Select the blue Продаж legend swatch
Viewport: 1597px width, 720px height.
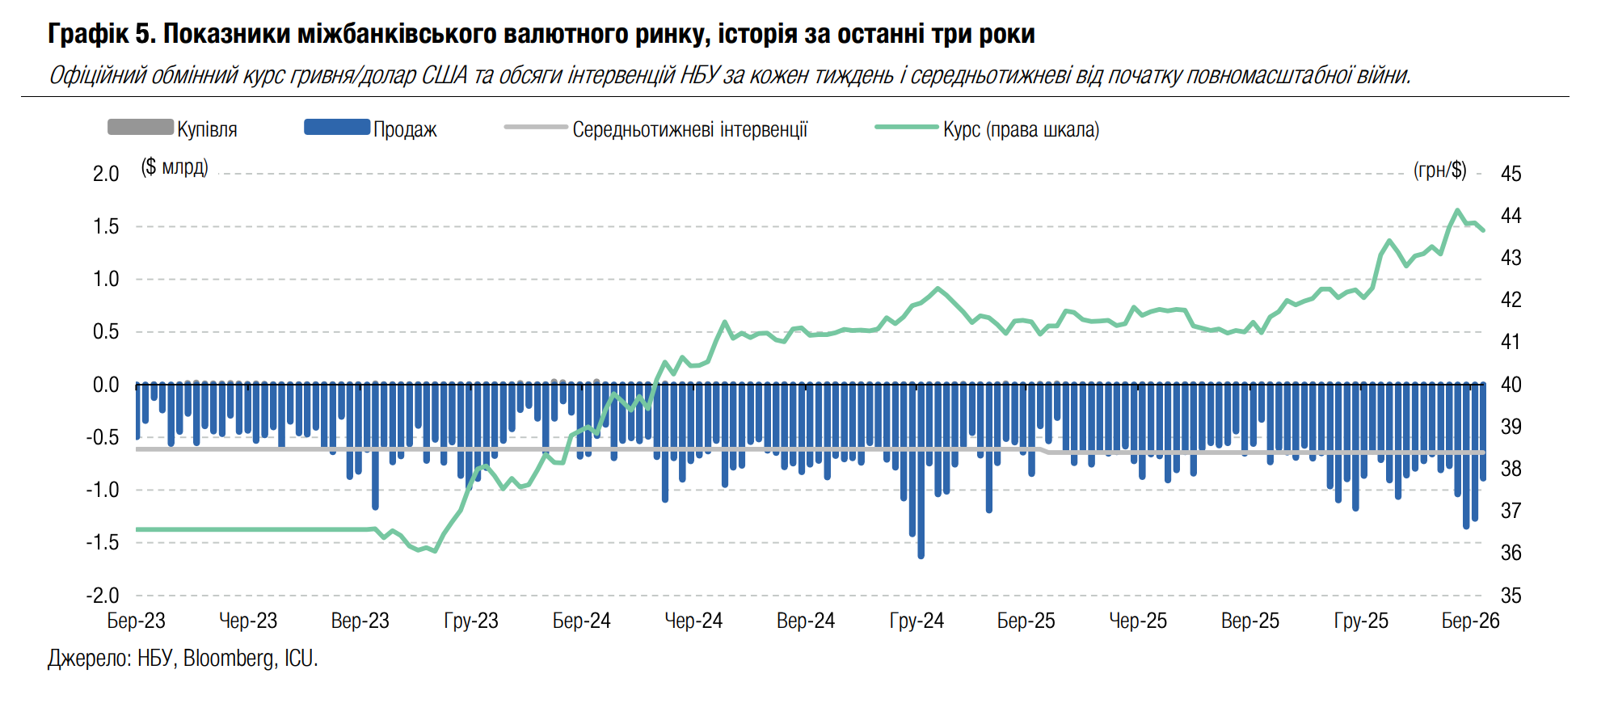(336, 128)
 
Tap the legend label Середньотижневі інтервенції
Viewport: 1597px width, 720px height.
(689, 129)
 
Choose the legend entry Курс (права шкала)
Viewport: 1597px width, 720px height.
(1021, 129)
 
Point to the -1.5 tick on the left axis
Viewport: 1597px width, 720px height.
(103, 542)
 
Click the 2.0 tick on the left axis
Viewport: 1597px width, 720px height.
(106, 174)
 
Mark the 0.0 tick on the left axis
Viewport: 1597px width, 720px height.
(106, 385)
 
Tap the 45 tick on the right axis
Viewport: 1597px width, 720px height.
(1511, 174)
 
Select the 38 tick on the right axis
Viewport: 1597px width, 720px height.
(1511, 469)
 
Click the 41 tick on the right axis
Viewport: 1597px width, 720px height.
(1511, 342)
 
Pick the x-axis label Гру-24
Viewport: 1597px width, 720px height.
(916, 621)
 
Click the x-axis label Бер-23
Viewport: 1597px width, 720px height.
(136, 621)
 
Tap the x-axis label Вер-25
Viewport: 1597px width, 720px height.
(1249, 621)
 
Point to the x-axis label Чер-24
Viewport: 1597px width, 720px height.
(693, 621)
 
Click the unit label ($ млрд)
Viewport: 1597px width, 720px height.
(175, 167)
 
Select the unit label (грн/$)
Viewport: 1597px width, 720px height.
(1439, 170)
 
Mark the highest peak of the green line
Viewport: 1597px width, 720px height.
(1458, 211)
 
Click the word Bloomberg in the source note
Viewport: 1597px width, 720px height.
(229, 659)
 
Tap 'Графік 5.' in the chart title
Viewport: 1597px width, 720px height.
(101, 34)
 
